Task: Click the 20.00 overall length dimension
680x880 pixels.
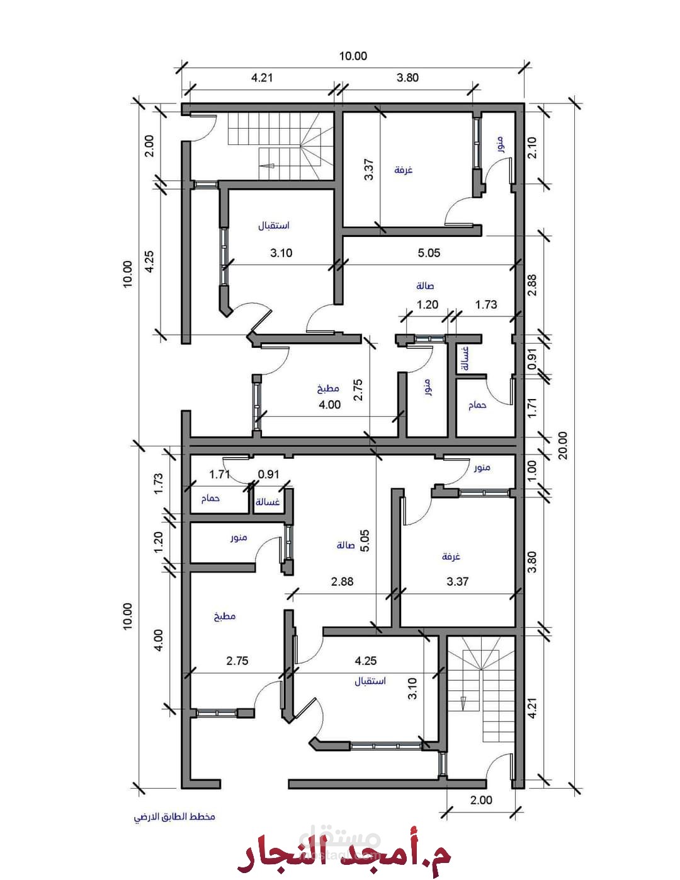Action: pos(563,445)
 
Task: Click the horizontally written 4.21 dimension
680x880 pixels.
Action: pos(262,78)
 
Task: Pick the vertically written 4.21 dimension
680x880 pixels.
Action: pos(532,719)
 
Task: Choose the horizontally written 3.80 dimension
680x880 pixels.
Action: pos(407,78)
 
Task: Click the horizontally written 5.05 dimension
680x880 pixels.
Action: pos(429,253)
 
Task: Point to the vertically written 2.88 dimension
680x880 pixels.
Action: pos(532,285)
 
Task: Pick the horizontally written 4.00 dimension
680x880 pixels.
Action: pos(329,404)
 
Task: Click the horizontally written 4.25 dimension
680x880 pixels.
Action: pos(365,661)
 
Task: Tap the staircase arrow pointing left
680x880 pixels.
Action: pos(267,166)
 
